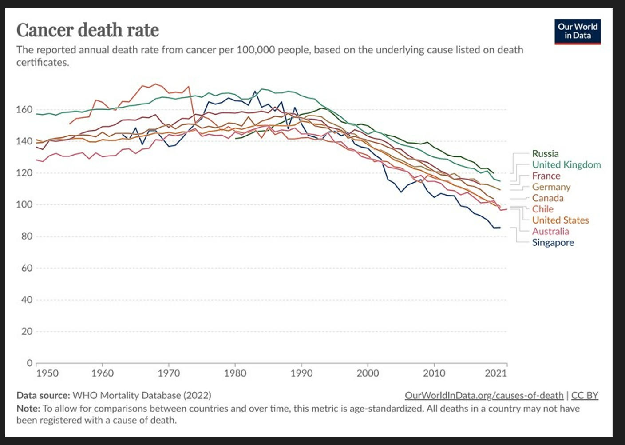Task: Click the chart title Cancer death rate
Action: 87,30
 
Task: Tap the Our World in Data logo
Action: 578,32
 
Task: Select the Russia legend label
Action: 545,154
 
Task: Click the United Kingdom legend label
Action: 566,165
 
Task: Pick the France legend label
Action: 546,176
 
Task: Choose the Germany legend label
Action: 551,187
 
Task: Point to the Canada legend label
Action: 548,198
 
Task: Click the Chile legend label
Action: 543,209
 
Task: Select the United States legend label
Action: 561,220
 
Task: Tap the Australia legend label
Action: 550,232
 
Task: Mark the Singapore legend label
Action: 553,243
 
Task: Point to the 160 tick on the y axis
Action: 24,110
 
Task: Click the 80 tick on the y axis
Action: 27,237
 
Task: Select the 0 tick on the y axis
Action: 29,363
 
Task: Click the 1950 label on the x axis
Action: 47,373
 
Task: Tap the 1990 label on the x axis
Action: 301,373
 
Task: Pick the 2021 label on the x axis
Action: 495,373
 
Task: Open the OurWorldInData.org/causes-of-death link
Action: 484,396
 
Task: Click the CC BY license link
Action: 585,396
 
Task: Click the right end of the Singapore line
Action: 500,228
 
